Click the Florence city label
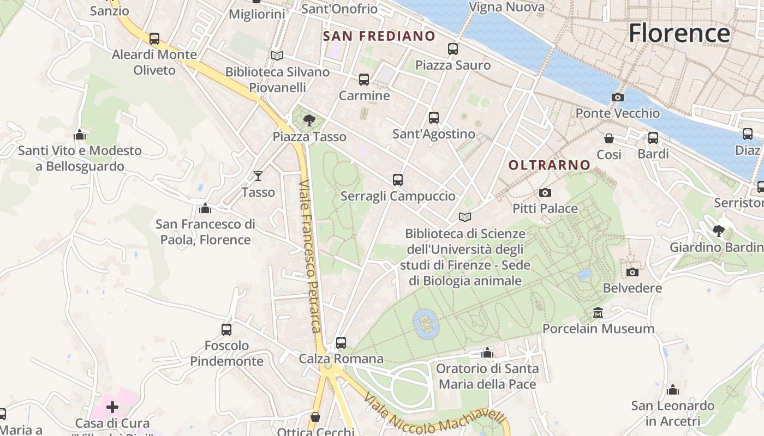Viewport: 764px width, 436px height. pyautogui.click(x=679, y=33)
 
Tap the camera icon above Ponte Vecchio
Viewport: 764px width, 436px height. pyautogui.click(x=618, y=97)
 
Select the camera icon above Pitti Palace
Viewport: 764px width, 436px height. pyautogui.click(x=545, y=192)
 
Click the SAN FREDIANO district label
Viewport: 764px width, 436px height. pyautogui.click(x=379, y=37)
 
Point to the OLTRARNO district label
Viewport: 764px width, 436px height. pyautogui.click(x=550, y=165)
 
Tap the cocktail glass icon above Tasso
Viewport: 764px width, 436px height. pyautogui.click(x=258, y=175)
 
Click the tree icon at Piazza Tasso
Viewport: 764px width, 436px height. pyautogui.click(x=309, y=120)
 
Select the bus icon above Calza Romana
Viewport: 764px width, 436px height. pyautogui.click(x=341, y=342)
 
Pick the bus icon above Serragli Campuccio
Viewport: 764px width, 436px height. pyautogui.click(x=398, y=179)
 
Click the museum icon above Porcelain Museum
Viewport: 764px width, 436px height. pyautogui.click(x=598, y=313)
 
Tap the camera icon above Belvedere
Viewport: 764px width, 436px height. pyautogui.click(x=632, y=272)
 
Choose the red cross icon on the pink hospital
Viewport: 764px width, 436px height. pyautogui.click(x=112, y=407)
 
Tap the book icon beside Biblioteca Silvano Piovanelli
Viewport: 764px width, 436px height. pyautogui.click(x=277, y=56)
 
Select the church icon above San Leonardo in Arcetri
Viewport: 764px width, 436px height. pyautogui.click(x=673, y=390)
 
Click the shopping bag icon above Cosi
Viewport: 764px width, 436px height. pyautogui.click(x=609, y=138)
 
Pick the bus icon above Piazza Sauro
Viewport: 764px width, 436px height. pyautogui.click(x=453, y=49)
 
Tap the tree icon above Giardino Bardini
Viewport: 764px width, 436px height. pyautogui.click(x=719, y=231)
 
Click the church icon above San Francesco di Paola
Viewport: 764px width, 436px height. pyautogui.click(x=205, y=208)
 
